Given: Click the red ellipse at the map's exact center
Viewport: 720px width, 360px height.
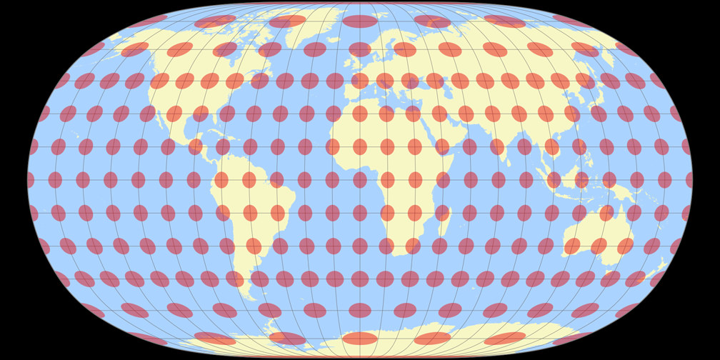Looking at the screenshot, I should (x=360, y=180).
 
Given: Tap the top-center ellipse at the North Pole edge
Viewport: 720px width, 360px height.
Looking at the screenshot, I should (x=360, y=21).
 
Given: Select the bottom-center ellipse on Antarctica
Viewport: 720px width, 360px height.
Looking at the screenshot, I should (x=360, y=339).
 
